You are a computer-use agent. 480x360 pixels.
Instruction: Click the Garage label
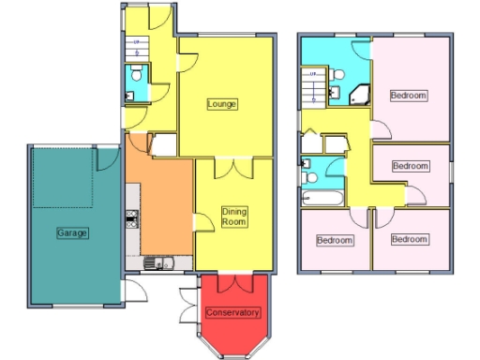[72, 232]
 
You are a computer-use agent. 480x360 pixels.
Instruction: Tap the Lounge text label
[222, 103]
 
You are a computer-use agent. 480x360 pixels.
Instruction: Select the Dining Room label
[233, 217]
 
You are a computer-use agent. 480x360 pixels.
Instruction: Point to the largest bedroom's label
[409, 95]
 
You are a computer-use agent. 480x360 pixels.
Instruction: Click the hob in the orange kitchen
[132, 220]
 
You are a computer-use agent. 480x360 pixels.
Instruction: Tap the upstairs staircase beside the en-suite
[311, 88]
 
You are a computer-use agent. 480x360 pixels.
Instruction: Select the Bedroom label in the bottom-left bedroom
[335, 240]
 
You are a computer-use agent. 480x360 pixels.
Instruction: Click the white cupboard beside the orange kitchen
[163, 145]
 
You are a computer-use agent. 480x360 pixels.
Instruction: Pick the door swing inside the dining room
[202, 223]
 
